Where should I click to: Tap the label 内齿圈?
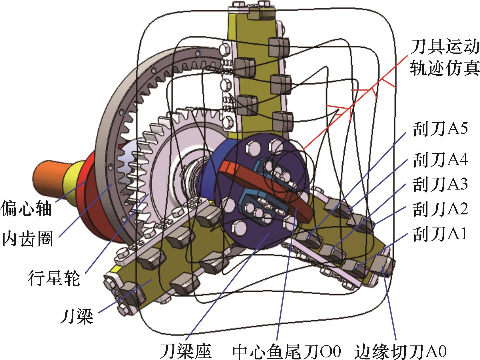28,239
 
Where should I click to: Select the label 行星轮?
54,278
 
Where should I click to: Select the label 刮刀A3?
440,184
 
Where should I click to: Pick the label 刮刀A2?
440,209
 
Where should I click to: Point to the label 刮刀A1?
440,235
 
